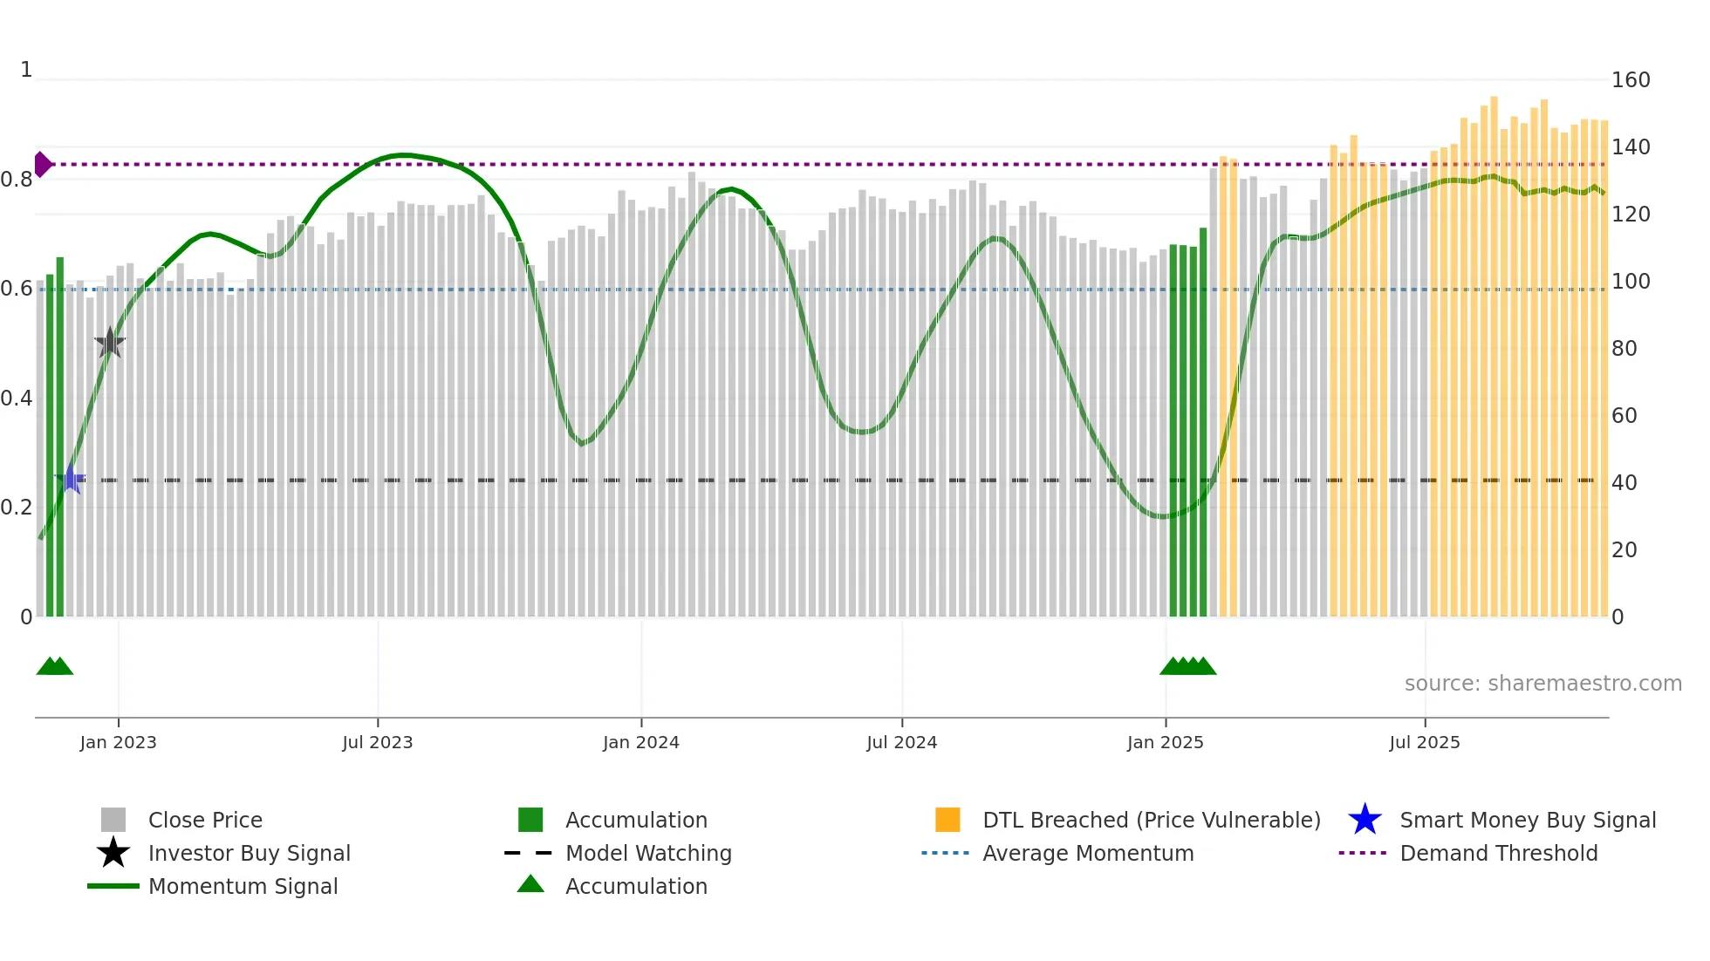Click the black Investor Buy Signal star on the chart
110,343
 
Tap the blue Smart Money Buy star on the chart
70,480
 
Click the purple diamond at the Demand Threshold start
42,164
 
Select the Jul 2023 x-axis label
377,742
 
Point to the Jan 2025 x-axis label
1165,742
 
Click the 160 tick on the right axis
1630,80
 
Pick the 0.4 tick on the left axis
16,399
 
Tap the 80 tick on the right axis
1624,349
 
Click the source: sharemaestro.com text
1542,684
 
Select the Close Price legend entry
204,820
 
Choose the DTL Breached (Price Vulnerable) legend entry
1151,820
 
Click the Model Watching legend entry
647,853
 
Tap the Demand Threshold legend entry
1498,853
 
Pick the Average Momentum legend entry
1087,853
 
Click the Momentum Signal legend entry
243,886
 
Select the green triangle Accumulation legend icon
530,885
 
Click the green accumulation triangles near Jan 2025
1187,666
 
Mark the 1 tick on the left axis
26,70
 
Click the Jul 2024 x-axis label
901,742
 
